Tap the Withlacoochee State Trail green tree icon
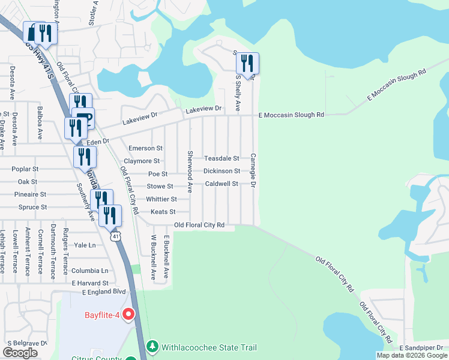153,347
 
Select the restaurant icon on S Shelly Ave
247,62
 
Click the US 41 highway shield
115,236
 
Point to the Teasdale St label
221,158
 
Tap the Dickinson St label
221,171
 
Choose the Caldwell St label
221,184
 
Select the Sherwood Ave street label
189,171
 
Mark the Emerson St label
146,148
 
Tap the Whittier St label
161,199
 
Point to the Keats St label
163,212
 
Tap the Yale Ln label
85,245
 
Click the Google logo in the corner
20,353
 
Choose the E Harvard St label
89,283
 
